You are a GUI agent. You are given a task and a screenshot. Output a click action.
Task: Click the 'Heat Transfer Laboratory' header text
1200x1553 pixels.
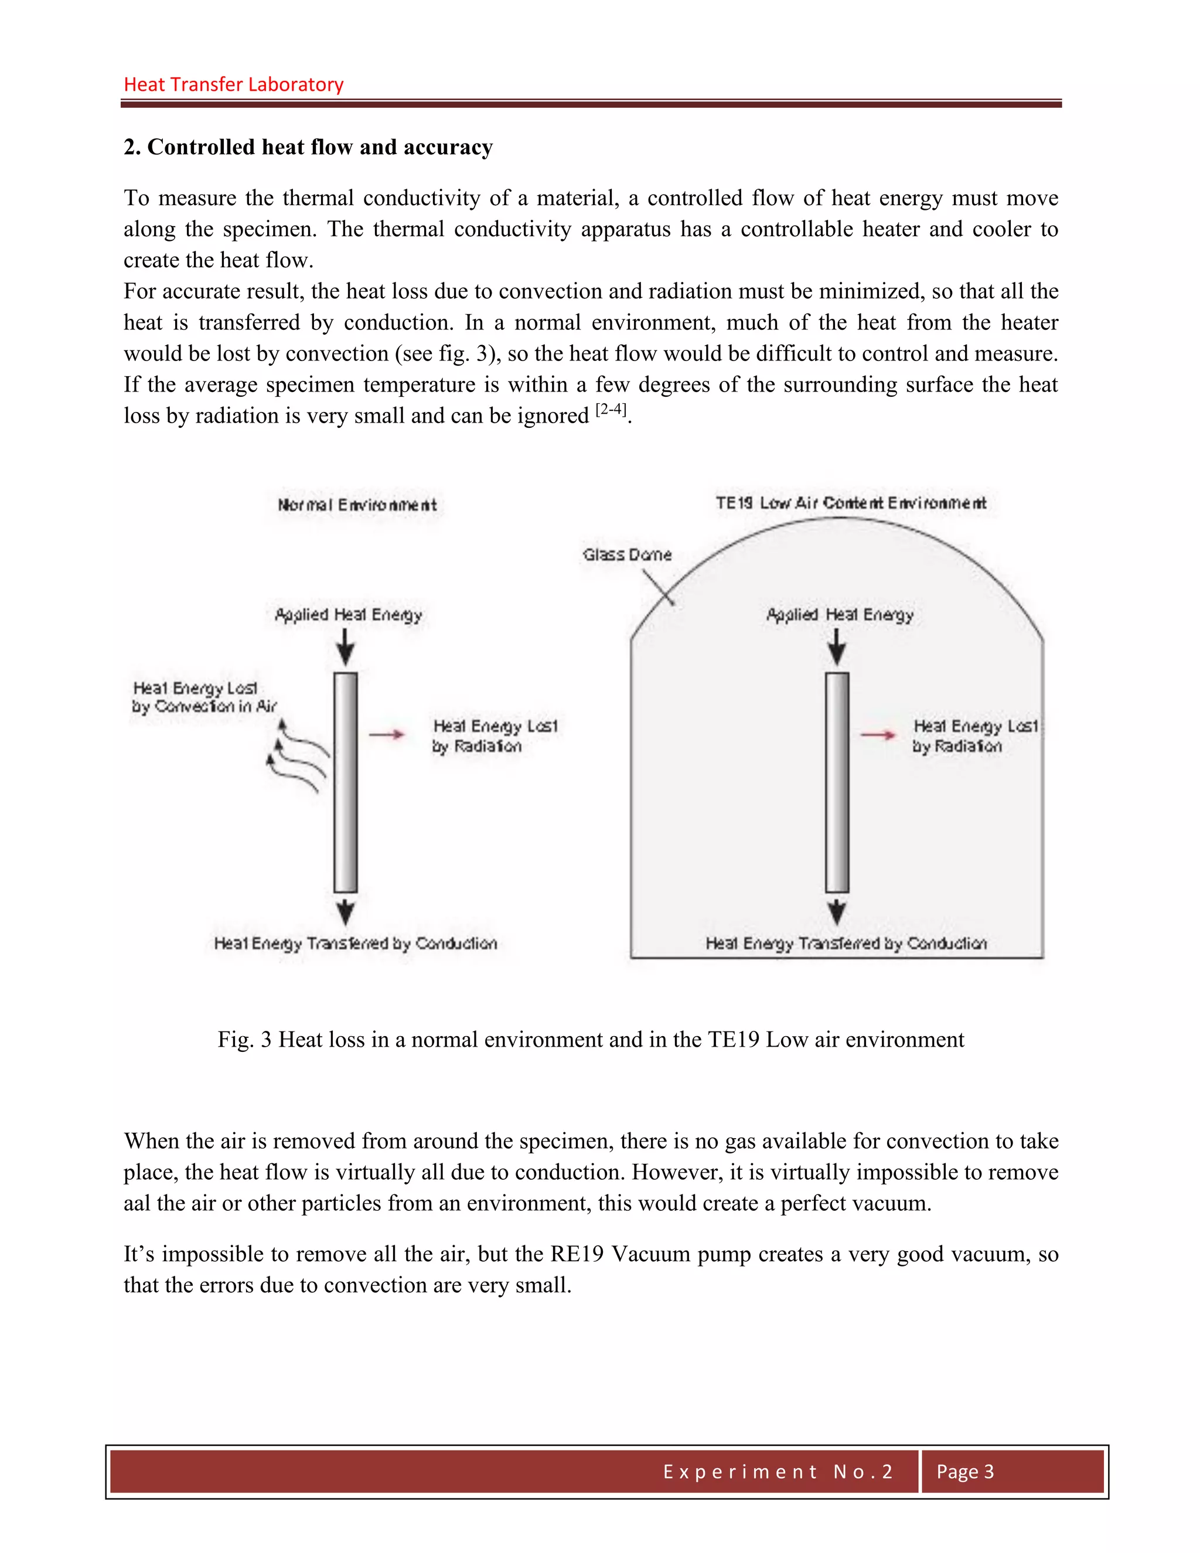(233, 84)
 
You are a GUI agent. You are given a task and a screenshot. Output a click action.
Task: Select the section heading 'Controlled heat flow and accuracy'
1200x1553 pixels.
(319, 147)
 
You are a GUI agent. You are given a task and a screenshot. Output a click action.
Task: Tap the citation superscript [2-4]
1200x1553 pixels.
(611, 410)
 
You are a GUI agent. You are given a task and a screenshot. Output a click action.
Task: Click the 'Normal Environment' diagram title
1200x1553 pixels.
(357, 505)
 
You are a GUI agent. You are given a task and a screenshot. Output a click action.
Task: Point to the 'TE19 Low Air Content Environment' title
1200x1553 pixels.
(850, 503)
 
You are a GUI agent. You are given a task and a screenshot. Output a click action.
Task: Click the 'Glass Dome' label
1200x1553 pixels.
(626, 554)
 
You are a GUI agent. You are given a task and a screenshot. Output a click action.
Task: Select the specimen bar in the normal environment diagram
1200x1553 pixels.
(346, 782)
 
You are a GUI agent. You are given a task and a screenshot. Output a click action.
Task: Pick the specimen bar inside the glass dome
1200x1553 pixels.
(837, 782)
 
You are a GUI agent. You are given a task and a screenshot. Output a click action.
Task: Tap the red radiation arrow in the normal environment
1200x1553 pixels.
(387, 734)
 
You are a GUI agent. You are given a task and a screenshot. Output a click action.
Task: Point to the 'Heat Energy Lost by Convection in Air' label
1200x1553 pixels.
(203, 697)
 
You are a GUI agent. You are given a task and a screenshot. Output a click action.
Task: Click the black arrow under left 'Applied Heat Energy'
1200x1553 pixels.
(346, 647)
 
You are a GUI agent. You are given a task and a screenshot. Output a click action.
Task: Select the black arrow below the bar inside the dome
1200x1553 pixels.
(837, 912)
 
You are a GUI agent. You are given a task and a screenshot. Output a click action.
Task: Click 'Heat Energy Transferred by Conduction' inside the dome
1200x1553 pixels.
(846, 943)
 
